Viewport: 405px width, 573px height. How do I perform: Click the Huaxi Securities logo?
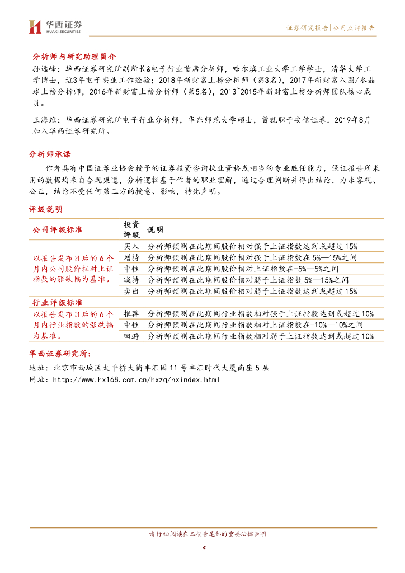click(55, 26)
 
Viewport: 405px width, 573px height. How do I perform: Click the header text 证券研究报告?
click(307, 27)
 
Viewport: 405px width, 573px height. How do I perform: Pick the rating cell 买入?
click(131, 246)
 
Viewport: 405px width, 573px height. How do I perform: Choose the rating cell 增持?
click(131, 257)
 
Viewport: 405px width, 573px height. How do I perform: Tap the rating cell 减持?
click(131, 280)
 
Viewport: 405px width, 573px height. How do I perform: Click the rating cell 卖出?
click(131, 291)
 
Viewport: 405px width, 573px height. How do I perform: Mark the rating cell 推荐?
click(131, 313)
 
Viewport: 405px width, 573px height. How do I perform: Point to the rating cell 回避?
click(131, 336)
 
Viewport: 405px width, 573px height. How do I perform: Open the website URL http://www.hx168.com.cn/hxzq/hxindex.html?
click(136, 379)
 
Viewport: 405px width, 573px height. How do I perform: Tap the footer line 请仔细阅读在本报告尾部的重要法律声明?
click(204, 533)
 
